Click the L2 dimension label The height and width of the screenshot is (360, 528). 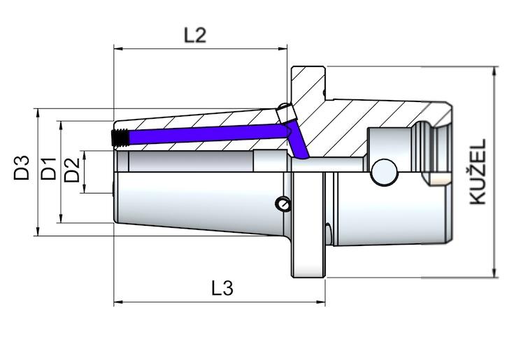(x=195, y=35)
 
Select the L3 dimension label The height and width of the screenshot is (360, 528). (x=221, y=288)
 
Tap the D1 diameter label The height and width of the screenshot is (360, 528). (x=48, y=170)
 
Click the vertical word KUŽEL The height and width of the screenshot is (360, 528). (x=477, y=171)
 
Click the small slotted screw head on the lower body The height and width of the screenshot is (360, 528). (x=283, y=204)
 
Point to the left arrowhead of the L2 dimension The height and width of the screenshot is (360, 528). (x=117, y=49)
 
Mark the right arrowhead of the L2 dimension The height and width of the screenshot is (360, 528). (x=283, y=49)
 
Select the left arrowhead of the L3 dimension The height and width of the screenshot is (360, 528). (x=117, y=303)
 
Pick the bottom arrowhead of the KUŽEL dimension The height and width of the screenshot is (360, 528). (x=494, y=273)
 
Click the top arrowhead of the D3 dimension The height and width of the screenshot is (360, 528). (x=36, y=113)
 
